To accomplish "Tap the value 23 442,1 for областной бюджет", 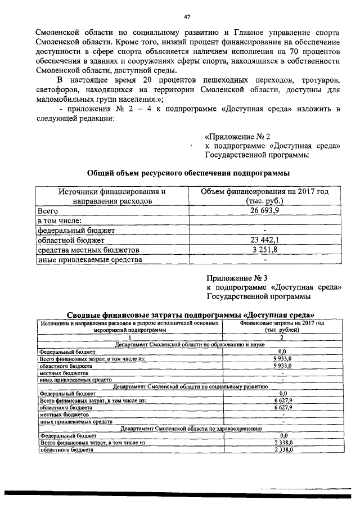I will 264,240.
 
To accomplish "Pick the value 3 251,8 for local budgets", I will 264,250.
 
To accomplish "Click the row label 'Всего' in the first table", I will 48,211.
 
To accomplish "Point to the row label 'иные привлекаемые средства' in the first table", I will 89,260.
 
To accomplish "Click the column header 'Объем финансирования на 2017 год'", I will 264,191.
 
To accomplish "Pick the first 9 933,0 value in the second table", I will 283,358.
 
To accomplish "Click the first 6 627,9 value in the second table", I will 283,400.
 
